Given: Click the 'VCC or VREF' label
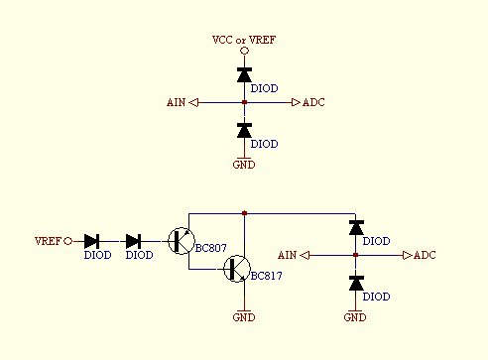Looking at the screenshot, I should tap(244, 40).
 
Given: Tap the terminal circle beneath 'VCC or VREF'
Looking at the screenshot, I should tap(244, 52).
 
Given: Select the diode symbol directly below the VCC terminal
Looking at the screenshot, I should tap(244, 74).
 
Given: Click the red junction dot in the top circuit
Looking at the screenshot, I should tap(244, 102).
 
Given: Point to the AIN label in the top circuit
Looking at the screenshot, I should tap(176, 102).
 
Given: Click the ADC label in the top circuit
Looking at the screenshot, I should tap(313, 102).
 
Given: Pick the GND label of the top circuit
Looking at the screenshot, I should tap(244, 165).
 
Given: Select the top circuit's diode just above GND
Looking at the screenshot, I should tap(244, 130).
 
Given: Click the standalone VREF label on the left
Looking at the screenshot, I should tap(47, 241).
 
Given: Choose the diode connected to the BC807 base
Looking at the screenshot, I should tap(134, 241).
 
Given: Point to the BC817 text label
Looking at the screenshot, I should tap(267, 276).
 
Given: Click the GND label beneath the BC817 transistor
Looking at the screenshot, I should tap(244, 317).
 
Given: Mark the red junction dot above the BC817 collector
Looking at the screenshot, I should tap(244, 212).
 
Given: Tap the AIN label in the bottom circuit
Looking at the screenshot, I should tap(288, 256).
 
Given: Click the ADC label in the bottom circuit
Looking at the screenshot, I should tap(425, 256).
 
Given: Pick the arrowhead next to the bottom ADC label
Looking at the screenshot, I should tap(407, 256).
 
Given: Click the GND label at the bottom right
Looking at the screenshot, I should tap(355, 317).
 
